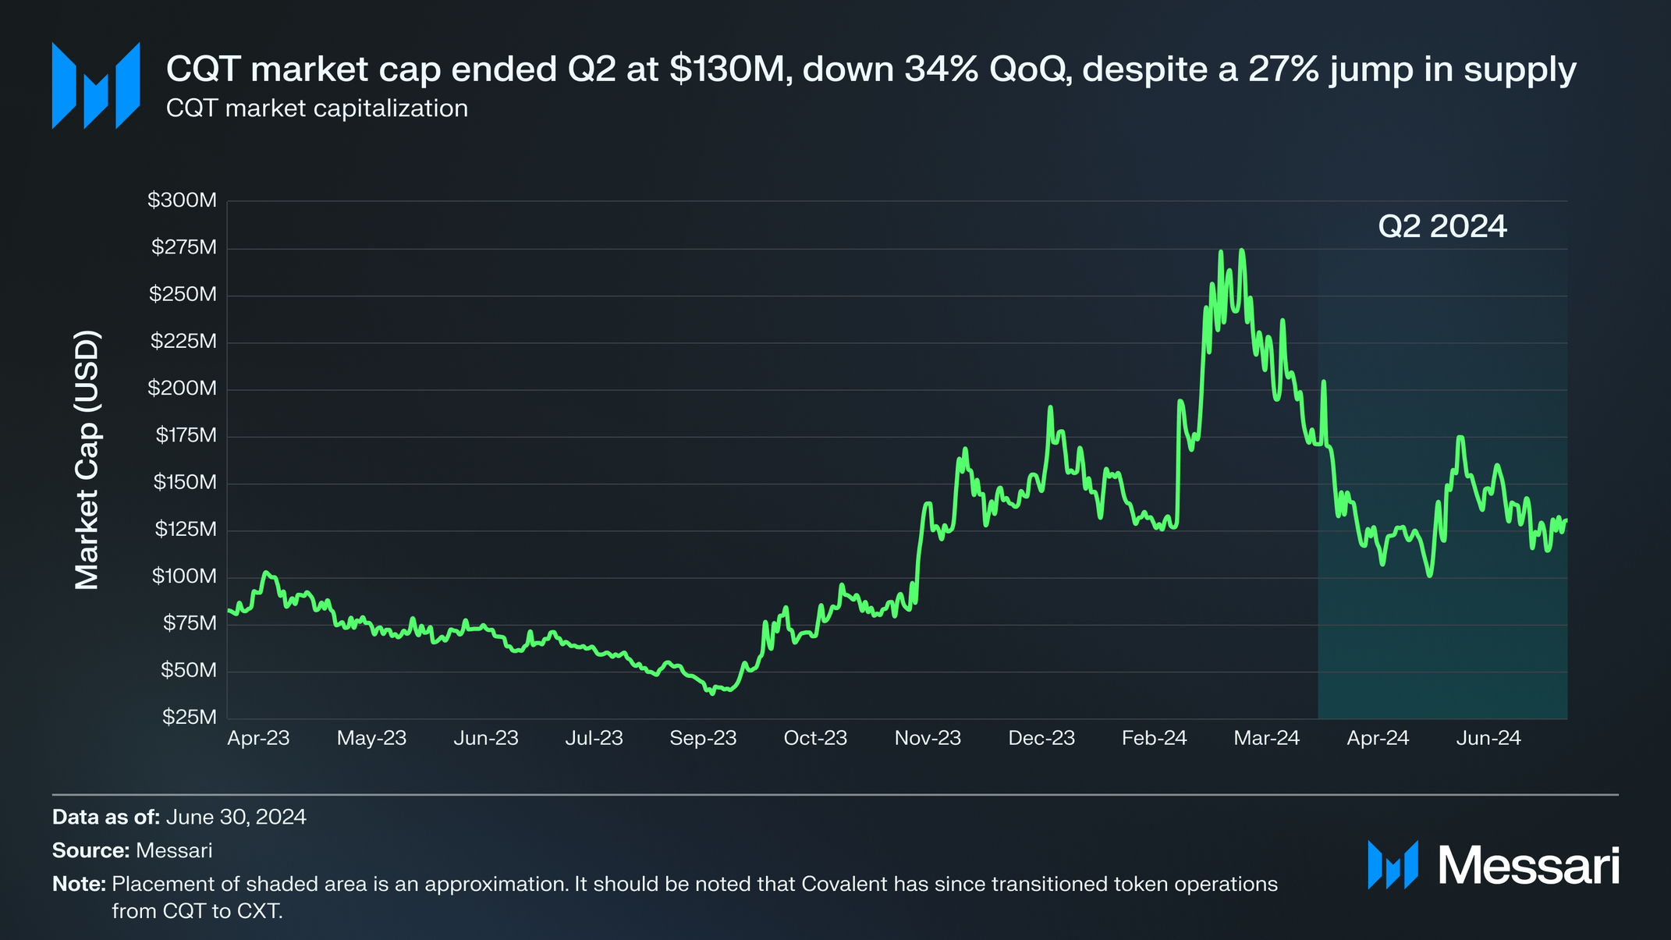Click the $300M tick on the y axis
[182, 200]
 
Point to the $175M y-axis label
[186, 435]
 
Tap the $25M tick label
[189, 717]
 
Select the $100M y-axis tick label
[184, 576]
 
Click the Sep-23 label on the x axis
[703, 738]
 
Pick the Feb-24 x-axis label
[1154, 738]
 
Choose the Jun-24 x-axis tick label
[1488, 738]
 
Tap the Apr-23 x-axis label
[258, 738]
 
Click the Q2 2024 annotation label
[1442, 226]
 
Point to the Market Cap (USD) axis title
[87, 460]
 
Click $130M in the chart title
[726, 69]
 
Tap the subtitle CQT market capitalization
[317, 108]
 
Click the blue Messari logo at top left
[96, 86]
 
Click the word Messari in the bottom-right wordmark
[1528, 865]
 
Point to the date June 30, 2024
[236, 817]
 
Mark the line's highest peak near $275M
[1241, 250]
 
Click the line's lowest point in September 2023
[712, 693]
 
